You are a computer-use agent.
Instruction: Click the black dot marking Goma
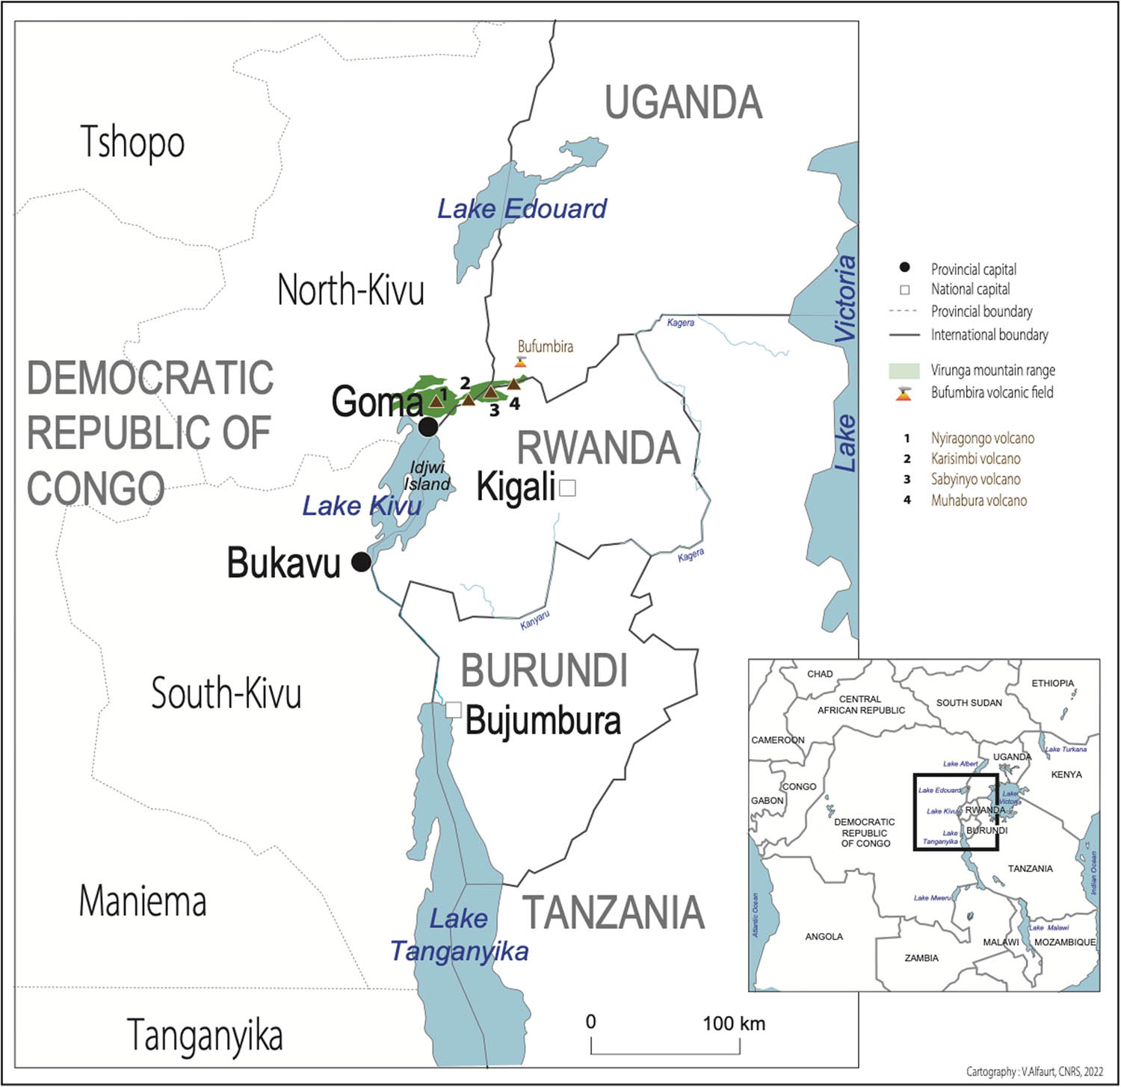click(x=428, y=427)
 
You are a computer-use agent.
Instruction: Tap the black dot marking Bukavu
click(x=361, y=562)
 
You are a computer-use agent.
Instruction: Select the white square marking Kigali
click(x=568, y=488)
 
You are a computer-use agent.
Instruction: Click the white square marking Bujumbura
click(x=453, y=710)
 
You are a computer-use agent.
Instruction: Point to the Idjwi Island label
click(x=427, y=476)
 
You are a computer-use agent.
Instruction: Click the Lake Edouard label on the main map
click(x=522, y=208)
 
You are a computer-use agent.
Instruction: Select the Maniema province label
click(x=143, y=901)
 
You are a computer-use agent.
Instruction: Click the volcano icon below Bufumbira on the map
click(x=522, y=362)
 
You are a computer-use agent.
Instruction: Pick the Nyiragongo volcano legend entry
click(x=982, y=439)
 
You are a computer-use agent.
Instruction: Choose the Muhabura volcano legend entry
click(x=978, y=501)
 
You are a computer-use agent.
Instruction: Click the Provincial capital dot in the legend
click(x=904, y=267)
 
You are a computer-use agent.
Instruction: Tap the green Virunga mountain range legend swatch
click(x=904, y=371)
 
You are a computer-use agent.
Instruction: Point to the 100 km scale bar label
click(x=734, y=1023)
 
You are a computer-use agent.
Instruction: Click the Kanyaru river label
click(x=535, y=619)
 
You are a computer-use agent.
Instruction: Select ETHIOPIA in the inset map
click(x=1052, y=683)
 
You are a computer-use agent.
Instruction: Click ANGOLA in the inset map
click(x=824, y=936)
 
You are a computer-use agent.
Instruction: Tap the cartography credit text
click(x=1034, y=1071)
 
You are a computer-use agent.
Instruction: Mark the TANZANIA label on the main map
click(x=613, y=912)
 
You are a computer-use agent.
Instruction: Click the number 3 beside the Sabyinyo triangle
click(x=494, y=410)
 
